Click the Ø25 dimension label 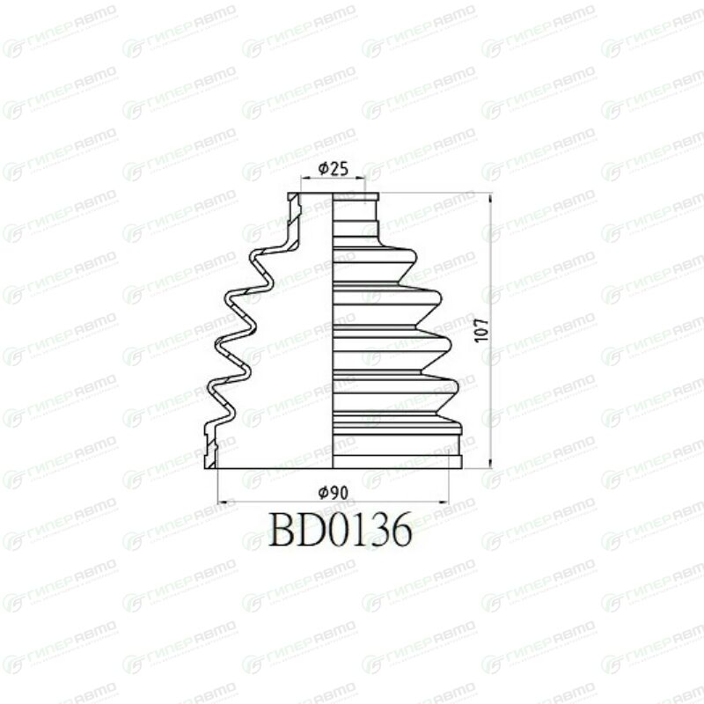tap(334, 169)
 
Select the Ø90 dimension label tap(334, 493)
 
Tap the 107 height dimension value tap(481, 330)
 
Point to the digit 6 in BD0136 tap(400, 530)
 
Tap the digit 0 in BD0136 tap(341, 530)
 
